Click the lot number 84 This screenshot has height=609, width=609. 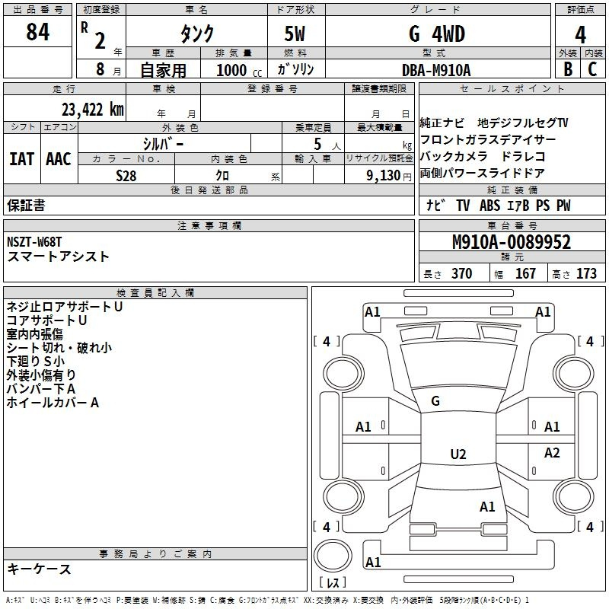coord(37,32)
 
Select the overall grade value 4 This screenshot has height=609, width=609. coord(580,35)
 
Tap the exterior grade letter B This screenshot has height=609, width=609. coord(568,69)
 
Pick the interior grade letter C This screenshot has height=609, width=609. coord(592,69)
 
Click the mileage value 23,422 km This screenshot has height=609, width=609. coord(93,110)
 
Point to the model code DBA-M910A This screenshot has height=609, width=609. coord(436,70)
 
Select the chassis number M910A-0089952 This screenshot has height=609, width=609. coord(512,242)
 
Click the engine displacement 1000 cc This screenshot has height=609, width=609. coord(239,70)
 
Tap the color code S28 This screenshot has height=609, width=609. coord(126,176)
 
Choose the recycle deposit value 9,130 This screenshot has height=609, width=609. coord(384,176)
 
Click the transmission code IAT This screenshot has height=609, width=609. coord(21,159)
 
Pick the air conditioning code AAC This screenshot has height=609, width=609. coord(59,159)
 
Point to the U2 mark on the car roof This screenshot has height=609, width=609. coord(458,454)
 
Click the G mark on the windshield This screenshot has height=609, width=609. coord(435,401)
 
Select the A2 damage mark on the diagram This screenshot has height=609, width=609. coord(552,452)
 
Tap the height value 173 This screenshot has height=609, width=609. coord(586,273)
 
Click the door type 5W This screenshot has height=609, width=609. coord(295,33)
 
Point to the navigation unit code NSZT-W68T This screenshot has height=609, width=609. coord(34,242)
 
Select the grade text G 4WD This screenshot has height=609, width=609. coord(437,33)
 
